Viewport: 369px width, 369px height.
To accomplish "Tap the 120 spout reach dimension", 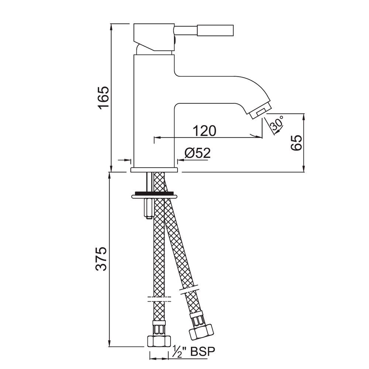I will pyautogui.click(x=203, y=131).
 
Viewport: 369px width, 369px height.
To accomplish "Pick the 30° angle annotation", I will pyautogui.click(x=277, y=123).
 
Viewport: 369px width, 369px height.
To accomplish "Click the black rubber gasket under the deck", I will pyautogui.click(x=154, y=193).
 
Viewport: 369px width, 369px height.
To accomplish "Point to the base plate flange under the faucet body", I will pyautogui.click(x=154, y=170).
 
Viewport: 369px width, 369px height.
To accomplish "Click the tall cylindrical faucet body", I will pyautogui.click(x=154, y=111).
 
